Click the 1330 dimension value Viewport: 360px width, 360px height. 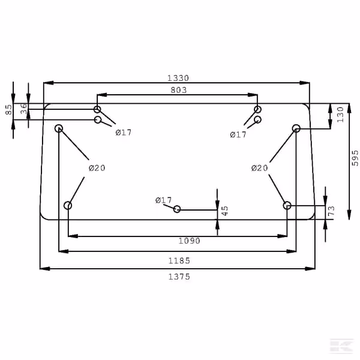click(x=178, y=78)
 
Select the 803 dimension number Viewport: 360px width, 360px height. click(x=179, y=90)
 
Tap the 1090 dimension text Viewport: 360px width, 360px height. click(x=190, y=241)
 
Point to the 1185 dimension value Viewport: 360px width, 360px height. click(x=179, y=260)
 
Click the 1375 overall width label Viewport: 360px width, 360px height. click(x=179, y=277)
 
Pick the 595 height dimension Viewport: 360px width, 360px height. click(x=355, y=158)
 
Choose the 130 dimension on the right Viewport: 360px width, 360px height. click(x=340, y=115)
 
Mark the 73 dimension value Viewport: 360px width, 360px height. click(x=331, y=211)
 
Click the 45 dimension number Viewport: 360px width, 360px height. click(x=225, y=211)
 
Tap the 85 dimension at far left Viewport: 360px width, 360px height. click(x=8, y=110)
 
